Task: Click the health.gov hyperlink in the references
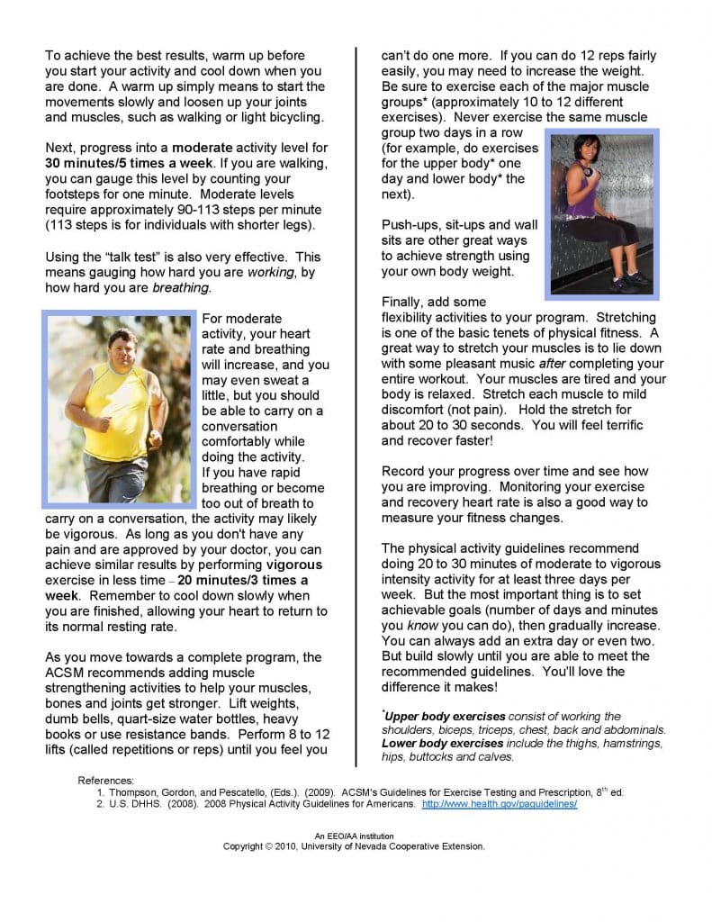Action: point(499,804)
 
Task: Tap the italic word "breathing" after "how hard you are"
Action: point(182,288)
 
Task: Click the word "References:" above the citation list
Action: point(106,779)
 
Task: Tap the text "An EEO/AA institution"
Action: point(354,836)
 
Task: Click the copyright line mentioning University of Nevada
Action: point(354,846)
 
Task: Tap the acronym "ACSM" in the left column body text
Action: point(66,673)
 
